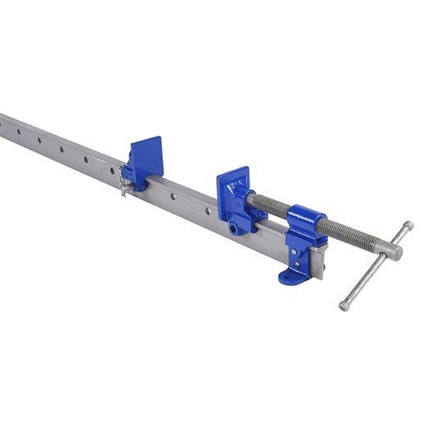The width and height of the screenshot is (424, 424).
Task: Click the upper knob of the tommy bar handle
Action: pos(409,226)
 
